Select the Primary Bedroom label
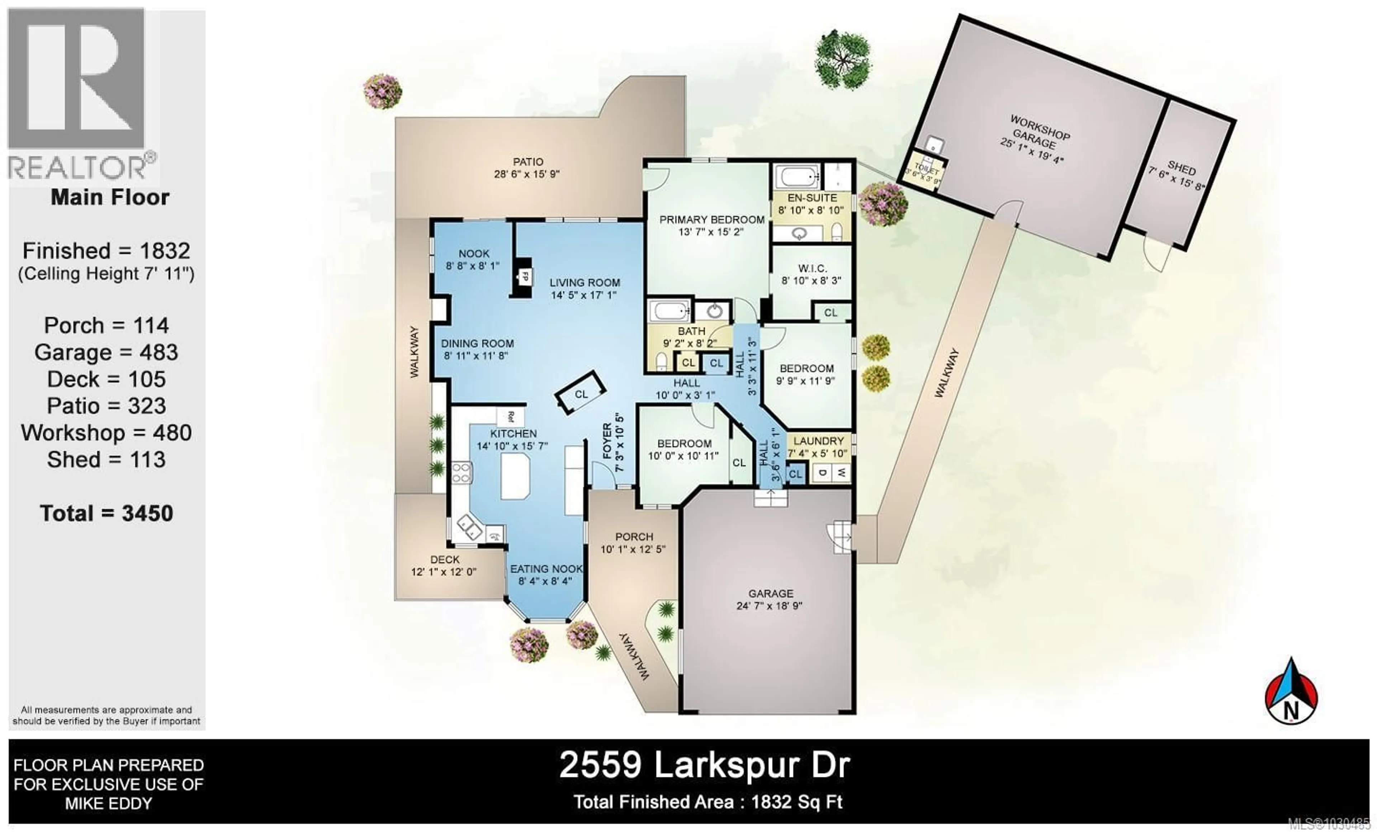(x=711, y=219)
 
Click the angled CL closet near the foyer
(x=581, y=393)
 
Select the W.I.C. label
(x=811, y=269)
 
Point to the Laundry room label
(x=818, y=441)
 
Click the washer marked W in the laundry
(x=841, y=473)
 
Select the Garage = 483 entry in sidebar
(x=106, y=352)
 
